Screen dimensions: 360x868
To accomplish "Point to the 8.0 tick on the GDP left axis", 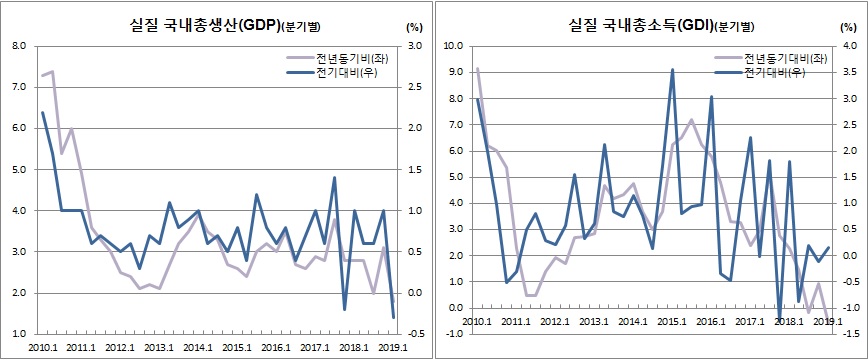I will [18, 46].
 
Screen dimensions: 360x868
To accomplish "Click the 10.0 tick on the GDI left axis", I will [449, 46].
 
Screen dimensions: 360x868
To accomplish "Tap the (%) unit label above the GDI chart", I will [842, 27].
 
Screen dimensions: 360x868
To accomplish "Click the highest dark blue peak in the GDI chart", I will [672, 70].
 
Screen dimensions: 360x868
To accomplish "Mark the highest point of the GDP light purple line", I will [52, 72].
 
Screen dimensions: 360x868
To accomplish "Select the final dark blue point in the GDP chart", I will [393, 318].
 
